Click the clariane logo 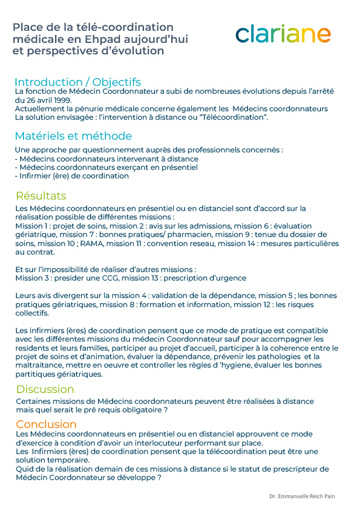point(283,34)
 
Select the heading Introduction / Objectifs point(77,82)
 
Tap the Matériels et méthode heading point(73,136)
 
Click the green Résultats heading point(41,196)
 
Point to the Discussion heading point(45,389)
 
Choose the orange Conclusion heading point(47,424)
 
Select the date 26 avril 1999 point(49,100)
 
